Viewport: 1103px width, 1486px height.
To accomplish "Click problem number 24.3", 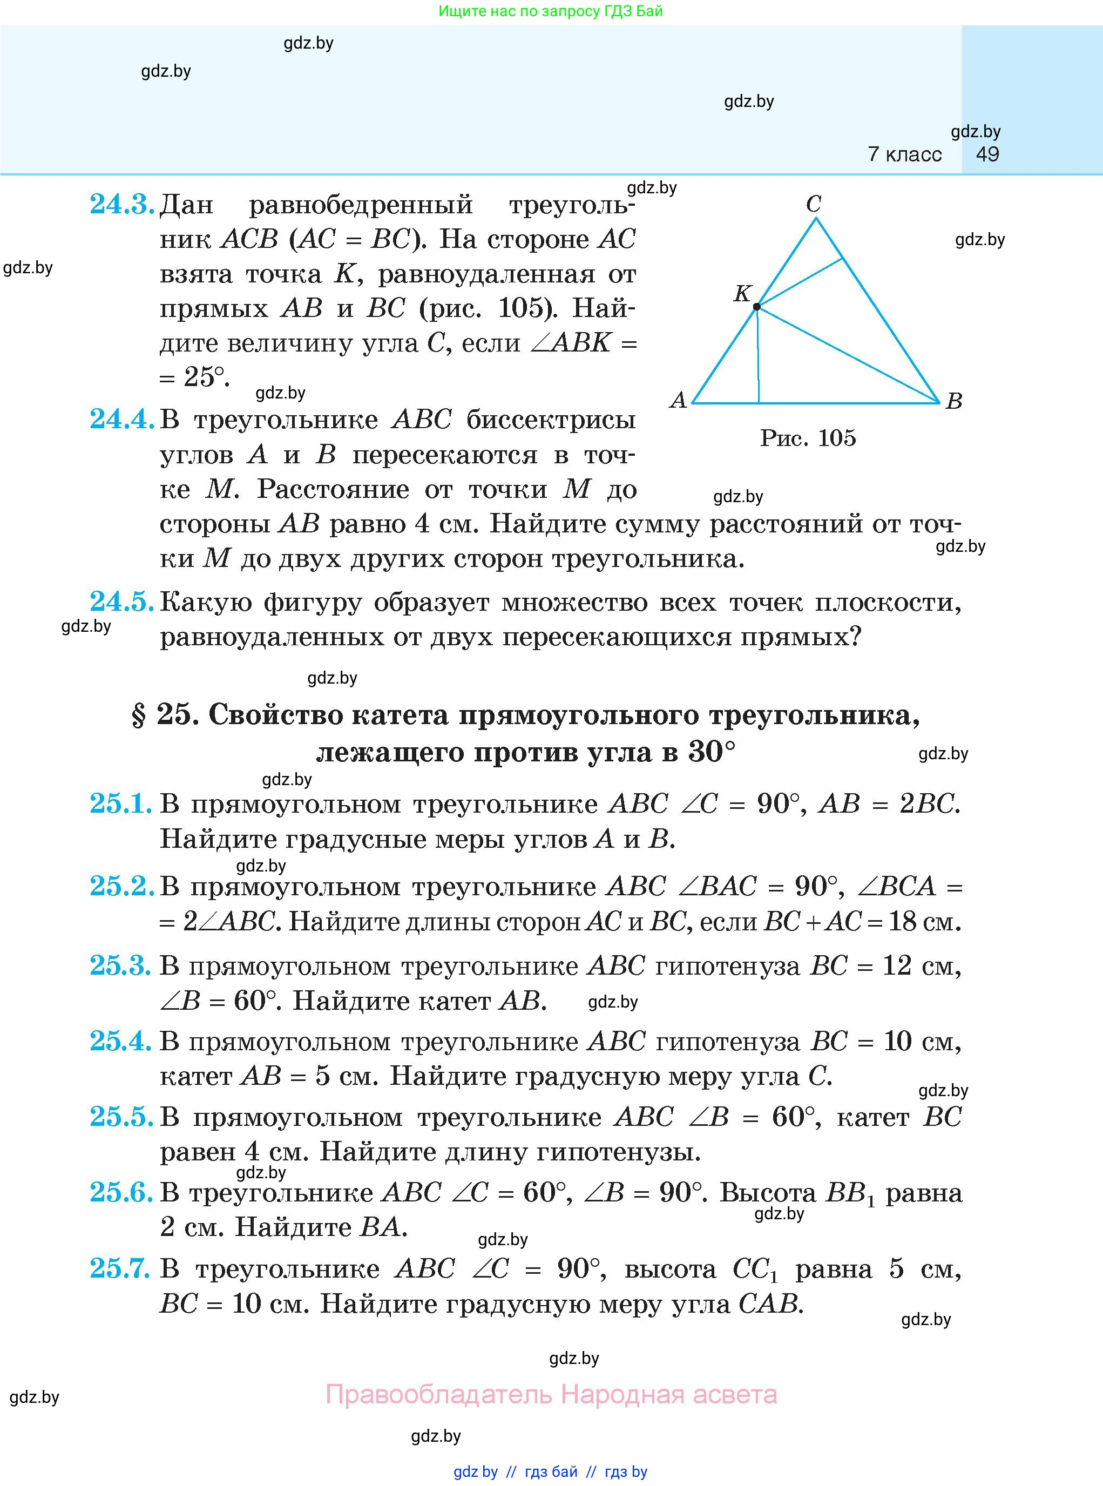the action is point(121,204).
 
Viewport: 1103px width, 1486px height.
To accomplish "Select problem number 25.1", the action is point(121,803).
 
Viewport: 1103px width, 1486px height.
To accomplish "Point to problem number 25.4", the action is point(121,1041).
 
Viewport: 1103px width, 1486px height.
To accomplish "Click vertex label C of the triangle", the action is point(813,204).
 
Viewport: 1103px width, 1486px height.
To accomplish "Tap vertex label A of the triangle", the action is point(678,400).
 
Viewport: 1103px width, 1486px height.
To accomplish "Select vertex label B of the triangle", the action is point(954,401).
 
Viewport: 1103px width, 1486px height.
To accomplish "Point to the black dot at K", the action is point(756,307).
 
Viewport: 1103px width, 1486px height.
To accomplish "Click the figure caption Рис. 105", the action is point(808,438).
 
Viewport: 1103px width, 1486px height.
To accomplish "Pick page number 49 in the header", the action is point(987,154).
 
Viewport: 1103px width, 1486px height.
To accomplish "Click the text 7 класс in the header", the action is point(905,154).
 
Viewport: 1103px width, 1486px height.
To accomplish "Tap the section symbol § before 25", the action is point(139,716).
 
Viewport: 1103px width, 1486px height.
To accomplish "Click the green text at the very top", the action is point(551,11).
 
